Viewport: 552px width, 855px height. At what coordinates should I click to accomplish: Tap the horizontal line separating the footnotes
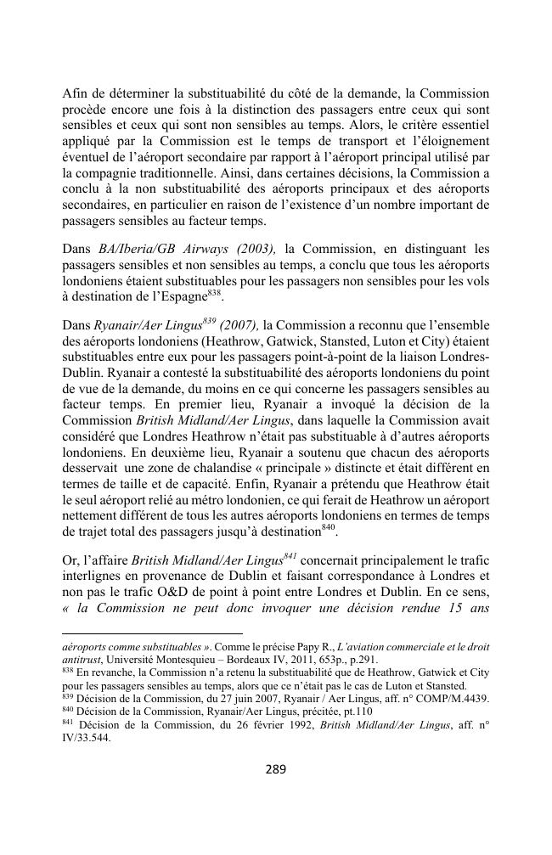coord(153,633)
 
